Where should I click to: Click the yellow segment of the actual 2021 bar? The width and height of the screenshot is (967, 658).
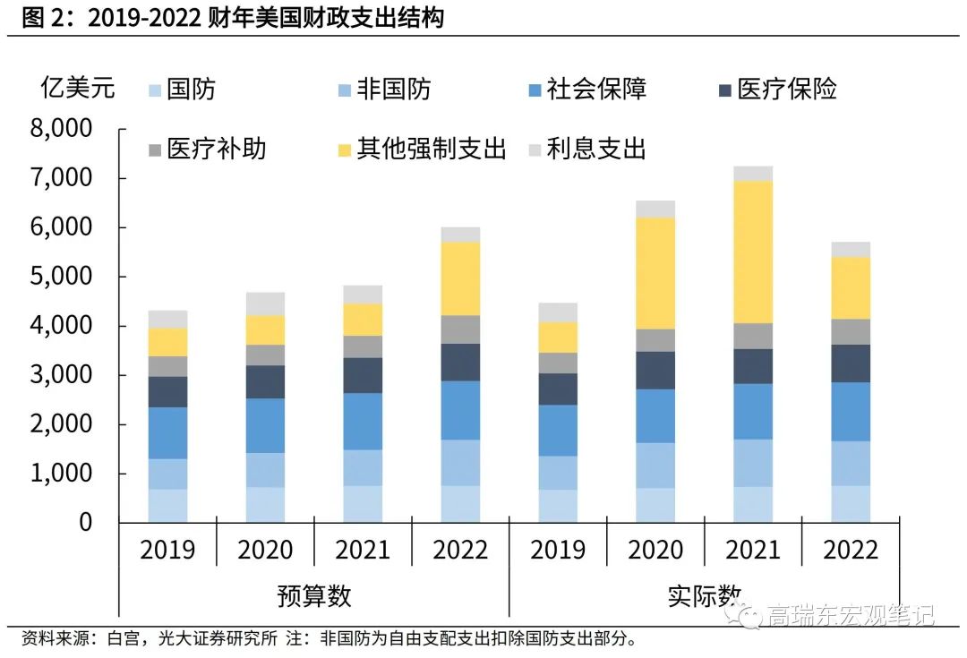(753, 252)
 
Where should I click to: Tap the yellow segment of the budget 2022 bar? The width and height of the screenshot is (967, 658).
(460, 278)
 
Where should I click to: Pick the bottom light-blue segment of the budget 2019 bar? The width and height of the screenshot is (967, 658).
(167, 506)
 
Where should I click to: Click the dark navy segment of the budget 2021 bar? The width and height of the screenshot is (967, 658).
(363, 375)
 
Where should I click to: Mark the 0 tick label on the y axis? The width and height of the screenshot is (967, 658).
(85, 522)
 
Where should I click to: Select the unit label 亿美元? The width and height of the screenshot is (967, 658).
(78, 88)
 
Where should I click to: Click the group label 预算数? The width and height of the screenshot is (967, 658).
(314, 595)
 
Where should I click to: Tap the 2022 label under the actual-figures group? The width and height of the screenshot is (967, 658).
(851, 550)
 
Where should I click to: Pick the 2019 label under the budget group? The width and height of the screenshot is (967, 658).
(167, 550)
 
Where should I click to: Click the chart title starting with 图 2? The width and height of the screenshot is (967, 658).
(232, 17)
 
